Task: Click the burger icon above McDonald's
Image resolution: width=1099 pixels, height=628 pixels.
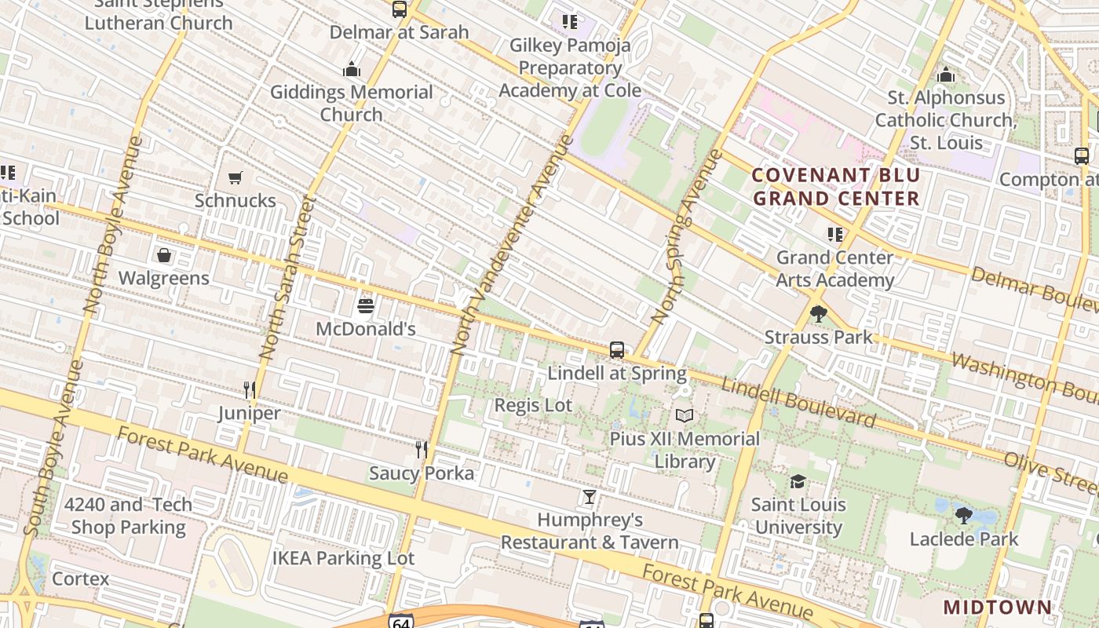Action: pyautogui.click(x=366, y=305)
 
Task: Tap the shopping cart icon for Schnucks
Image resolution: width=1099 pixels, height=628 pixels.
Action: pyautogui.click(x=235, y=178)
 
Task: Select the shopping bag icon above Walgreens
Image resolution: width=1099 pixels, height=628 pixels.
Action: pyautogui.click(x=164, y=255)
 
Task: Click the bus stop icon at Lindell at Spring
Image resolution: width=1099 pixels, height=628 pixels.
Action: pyautogui.click(x=617, y=350)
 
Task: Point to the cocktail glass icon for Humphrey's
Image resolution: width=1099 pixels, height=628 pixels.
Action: pyautogui.click(x=590, y=497)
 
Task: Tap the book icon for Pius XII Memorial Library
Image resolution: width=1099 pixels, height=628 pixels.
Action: pyautogui.click(x=685, y=415)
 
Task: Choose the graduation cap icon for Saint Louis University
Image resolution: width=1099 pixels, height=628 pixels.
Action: pyautogui.click(x=798, y=481)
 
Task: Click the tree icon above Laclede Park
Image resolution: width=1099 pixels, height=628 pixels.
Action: pyautogui.click(x=964, y=516)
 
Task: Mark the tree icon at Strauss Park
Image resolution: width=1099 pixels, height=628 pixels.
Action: pyautogui.click(x=818, y=314)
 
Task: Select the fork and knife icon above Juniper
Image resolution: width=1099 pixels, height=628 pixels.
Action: pyautogui.click(x=250, y=389)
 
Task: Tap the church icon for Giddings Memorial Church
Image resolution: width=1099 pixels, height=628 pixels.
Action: pyautogui.click(x=352, y=70)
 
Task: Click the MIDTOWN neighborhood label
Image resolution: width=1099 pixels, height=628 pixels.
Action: pyautogui.click(x=997, y=607)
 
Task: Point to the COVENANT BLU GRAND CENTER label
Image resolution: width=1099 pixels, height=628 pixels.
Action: pyautogui.click(x=835, y=187)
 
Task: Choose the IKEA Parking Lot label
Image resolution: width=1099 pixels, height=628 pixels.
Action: pyautogui.click(x=343, y=558)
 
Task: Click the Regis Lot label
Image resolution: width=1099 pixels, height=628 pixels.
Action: pyautogui.click(x=533, y=405)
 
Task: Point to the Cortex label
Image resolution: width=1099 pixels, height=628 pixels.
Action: pyautogui.click(x=81, y=579)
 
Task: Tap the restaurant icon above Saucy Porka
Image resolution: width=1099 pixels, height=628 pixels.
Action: pyautogui.click(x=422, y=449)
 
